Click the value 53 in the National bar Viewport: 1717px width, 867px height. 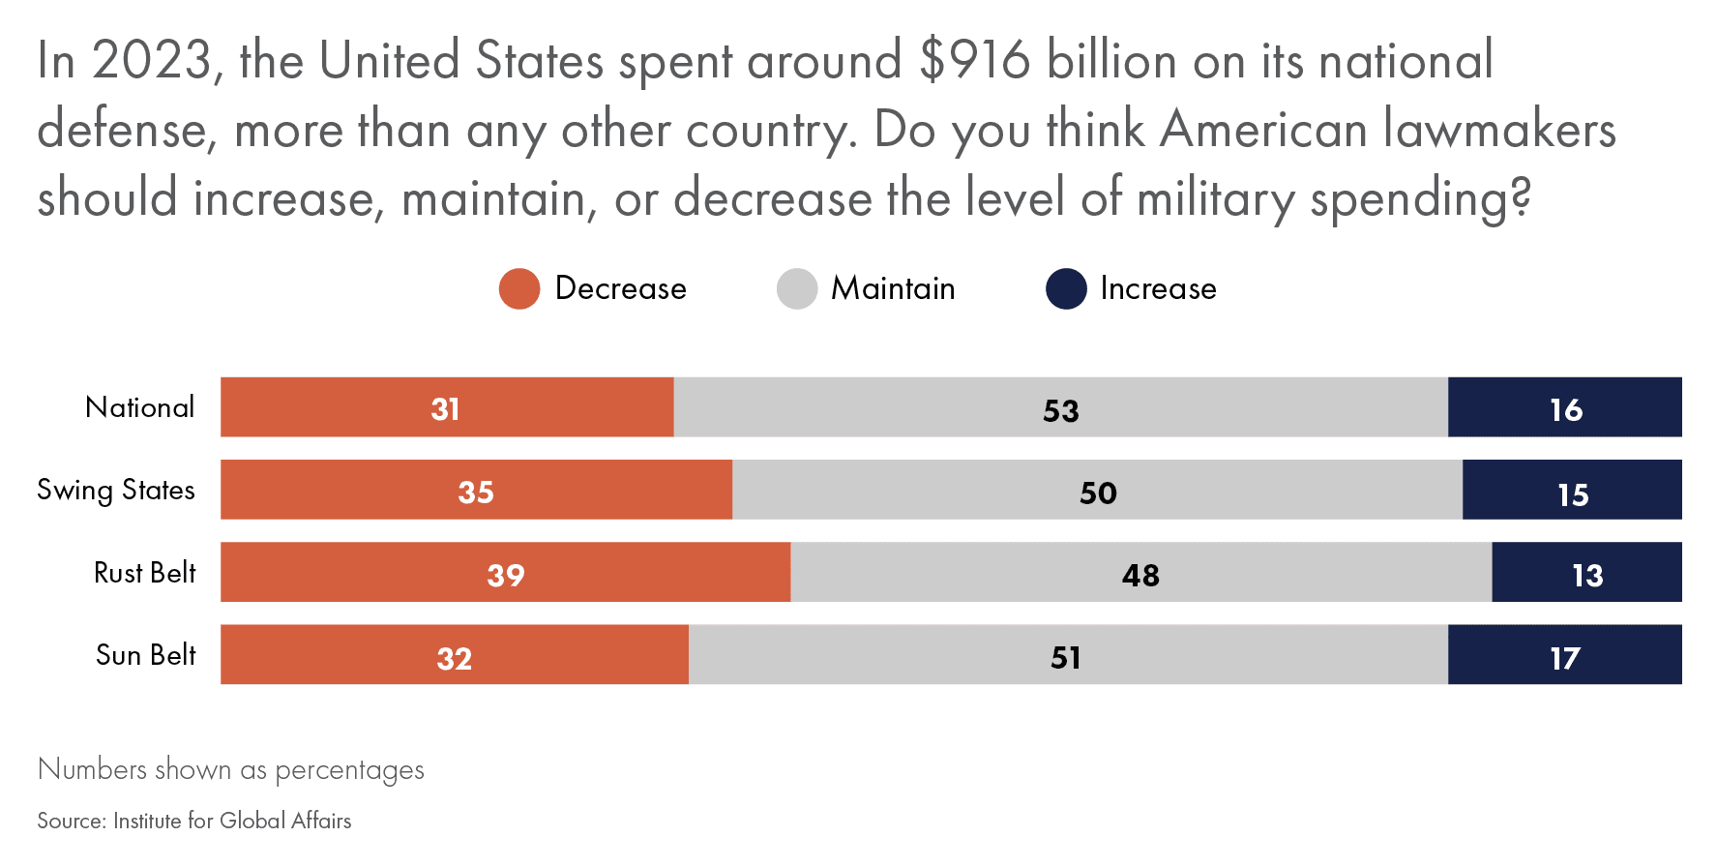click(1060, 410)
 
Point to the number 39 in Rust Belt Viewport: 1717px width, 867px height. click(505, 576)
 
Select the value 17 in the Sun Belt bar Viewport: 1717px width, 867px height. click(1564, 659)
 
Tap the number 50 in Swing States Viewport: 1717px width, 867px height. click(1098, 493)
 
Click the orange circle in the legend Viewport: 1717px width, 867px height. click(519, 289)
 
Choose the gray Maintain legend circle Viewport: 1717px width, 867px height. click(797, 289)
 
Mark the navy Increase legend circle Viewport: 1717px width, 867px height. click(1066, 289)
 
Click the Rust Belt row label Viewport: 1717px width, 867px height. click(145, 573)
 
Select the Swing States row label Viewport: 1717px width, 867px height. click(116, 491)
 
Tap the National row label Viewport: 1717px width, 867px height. click(140, 407)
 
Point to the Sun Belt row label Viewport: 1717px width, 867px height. click(146, 655)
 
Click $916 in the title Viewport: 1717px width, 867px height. click(975, 61)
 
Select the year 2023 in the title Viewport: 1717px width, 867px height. click(152, 61)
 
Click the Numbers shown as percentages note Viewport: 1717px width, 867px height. click(231, 769)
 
